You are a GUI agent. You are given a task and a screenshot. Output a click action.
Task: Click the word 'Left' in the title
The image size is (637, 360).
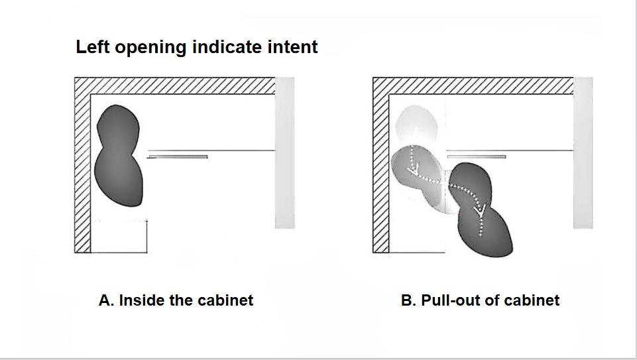[x=92, y=46]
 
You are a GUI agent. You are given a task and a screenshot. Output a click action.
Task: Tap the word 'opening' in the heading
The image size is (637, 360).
[x=150, y=48]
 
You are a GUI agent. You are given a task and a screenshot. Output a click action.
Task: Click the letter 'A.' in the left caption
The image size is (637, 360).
[x=107, y=300]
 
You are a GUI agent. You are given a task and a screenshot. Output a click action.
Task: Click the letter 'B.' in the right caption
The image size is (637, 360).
[x=409, y=300]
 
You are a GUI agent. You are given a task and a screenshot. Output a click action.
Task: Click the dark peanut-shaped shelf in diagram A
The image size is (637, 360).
[x=119, y=156]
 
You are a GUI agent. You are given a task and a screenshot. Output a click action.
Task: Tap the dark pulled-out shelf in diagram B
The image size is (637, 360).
[x=479, y=210]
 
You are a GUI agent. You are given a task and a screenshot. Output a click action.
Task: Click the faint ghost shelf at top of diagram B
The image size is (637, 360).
[x=416, y=124]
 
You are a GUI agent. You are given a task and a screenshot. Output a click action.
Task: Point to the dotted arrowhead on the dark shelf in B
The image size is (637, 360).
[x=480, y=210]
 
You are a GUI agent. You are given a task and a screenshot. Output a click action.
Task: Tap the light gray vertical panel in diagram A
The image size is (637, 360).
[x=285, y=152]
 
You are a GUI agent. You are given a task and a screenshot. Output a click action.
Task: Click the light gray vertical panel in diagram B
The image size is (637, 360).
[x=583, y=152]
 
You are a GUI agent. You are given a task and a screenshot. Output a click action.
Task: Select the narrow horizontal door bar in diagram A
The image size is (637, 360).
[x=178, y=156]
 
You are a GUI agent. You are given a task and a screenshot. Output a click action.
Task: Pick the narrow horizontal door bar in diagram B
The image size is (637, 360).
[x=477, y=156]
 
